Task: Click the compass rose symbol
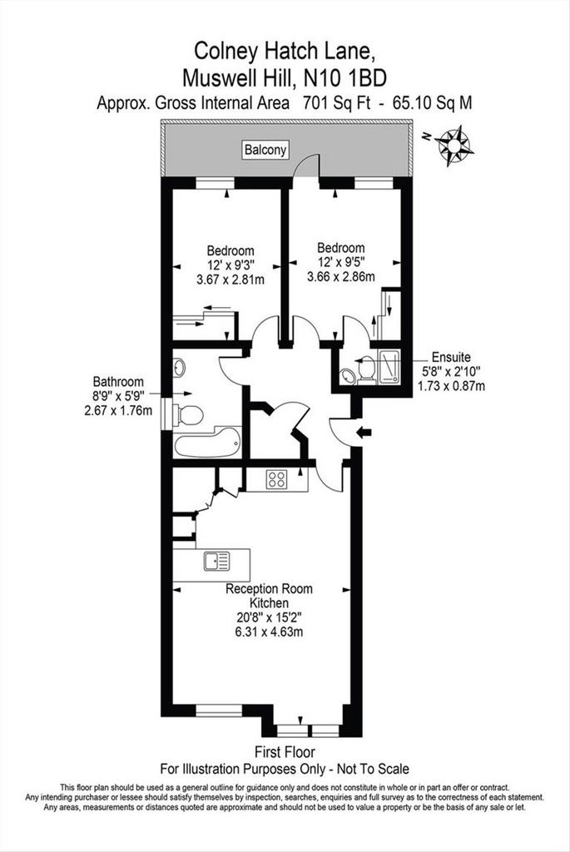[455, 145]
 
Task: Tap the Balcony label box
[265, 150]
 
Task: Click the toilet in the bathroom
[187, 415]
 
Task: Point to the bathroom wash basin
[179, 367]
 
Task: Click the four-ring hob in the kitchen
[276, 479]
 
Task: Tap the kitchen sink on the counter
[217, 562]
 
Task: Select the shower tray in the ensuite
[389, 366]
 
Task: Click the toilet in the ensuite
[365, 369]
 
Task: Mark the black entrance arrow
[364, 432]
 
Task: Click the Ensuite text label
[451, 358]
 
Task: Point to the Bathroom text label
[118, 382]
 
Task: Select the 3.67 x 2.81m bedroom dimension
[230, 280]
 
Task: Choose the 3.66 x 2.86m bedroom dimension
[340, 276]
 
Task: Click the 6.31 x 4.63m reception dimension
[269, 632]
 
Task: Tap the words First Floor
[285, 752]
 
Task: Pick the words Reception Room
[269, 589]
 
